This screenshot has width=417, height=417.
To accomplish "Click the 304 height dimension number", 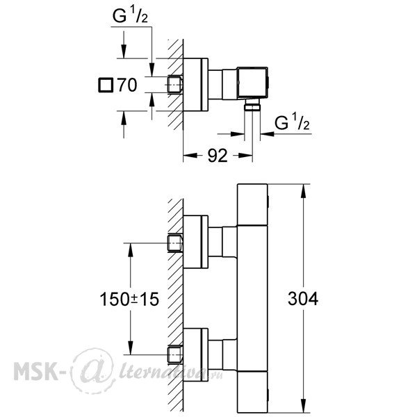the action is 303,299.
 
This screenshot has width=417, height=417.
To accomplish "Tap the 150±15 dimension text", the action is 129,299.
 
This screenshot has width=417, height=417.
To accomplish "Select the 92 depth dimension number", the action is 218,156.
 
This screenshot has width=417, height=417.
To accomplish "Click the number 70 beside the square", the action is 127,85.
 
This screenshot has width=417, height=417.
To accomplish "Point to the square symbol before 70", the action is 106,85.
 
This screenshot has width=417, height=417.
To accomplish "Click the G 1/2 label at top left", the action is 130,16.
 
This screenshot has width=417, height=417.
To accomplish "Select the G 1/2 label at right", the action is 292,122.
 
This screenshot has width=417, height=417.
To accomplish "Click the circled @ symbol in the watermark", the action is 94,370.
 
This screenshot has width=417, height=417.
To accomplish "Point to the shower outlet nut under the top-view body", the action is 253,105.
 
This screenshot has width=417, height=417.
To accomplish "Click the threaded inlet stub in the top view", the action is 174,85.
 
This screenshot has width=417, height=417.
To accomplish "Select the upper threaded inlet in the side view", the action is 174,243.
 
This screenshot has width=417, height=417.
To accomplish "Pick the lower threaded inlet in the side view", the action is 174,354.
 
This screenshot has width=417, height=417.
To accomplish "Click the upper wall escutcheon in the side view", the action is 196,242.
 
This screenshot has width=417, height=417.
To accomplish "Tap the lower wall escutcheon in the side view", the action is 196,354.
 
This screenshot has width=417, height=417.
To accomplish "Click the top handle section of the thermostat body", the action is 252,204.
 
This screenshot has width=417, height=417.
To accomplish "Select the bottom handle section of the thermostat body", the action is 252,391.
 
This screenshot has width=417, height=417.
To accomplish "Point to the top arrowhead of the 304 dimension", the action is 303,190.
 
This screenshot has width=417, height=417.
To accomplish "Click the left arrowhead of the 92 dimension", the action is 190,155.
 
